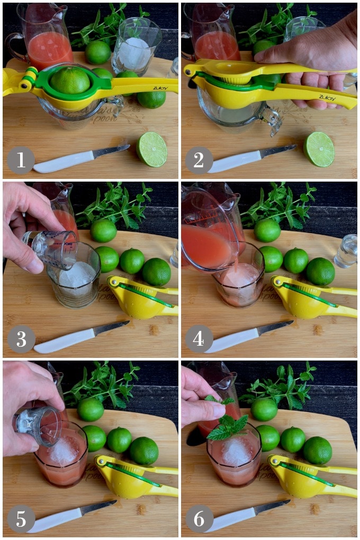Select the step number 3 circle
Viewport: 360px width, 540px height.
point(21,339)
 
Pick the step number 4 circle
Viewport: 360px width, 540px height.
point(199,339)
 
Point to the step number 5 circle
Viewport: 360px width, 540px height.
point(21,519)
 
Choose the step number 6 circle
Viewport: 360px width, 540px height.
point(199,519)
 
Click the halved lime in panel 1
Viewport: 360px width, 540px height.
point(152,149)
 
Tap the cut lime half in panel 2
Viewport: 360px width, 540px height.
point(319,149)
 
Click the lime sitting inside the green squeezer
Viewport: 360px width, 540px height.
point(70,80)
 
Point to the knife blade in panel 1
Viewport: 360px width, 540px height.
point(111,151)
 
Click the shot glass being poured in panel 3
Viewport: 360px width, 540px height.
point(51,249)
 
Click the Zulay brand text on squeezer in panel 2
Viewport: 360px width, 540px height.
point(327,97)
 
